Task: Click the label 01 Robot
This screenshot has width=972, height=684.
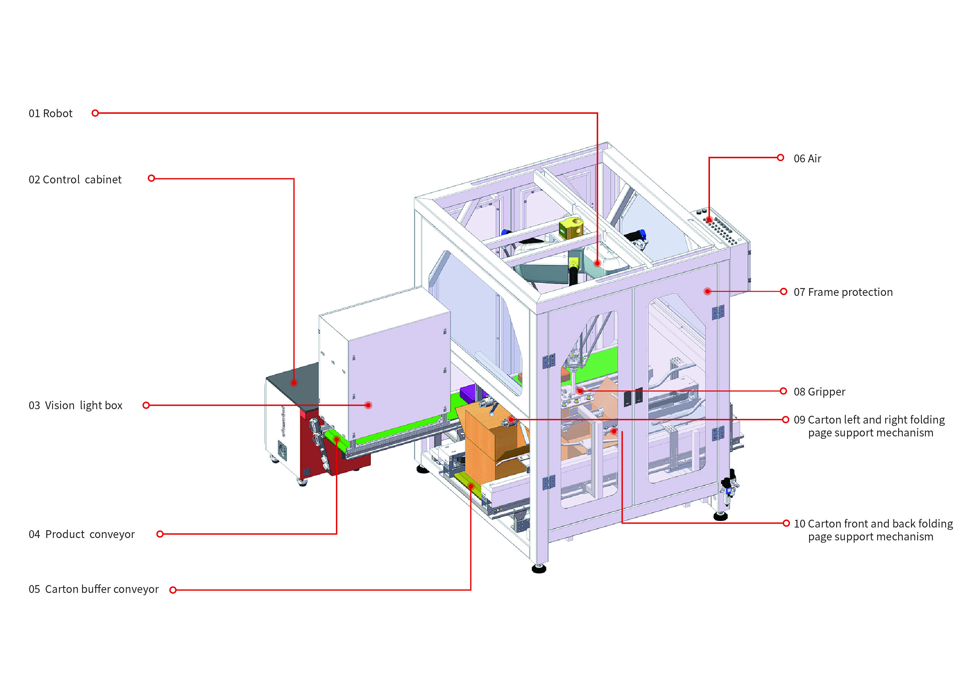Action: click(x=51, y=114)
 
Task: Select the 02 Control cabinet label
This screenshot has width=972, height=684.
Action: click(x=75, y=180)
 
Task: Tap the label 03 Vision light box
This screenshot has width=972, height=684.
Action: click(x=75, y=406)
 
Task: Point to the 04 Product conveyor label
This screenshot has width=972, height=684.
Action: click(x=82, y=535)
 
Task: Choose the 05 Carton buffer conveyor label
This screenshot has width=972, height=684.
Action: click(x=94, y=589)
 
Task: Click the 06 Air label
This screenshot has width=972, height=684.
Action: click(x=807, y=158)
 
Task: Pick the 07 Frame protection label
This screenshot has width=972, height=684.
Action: click(x=843, y=292)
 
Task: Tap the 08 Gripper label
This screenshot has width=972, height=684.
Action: click(x=819, y=392)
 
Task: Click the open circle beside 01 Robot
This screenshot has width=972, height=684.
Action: click(x=95, y=113)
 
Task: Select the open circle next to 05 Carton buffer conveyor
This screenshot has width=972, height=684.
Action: click(x=173, y=590)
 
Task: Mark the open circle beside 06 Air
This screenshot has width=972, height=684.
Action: click(x=780, y=158)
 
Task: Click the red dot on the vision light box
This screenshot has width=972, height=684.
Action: click(x=368, y=405)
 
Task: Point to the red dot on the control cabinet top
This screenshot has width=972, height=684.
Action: click(x=294, y=383)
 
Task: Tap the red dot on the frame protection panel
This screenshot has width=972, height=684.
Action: click(x=707, y=292)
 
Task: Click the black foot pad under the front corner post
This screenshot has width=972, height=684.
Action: click(x=539, y=568)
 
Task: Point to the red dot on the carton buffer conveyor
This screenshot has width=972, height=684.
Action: click(x=471, y=486)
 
